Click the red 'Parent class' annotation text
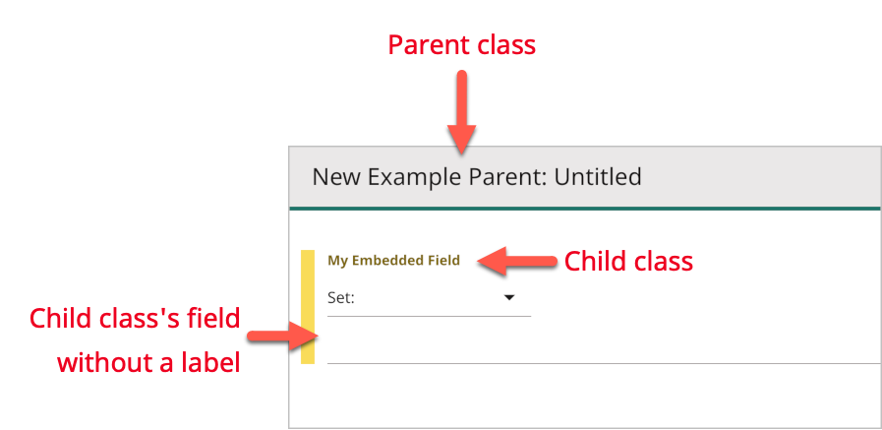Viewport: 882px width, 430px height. [461, 45]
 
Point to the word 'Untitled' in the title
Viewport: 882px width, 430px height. [598, 177]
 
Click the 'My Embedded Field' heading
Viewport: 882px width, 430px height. [393, 261]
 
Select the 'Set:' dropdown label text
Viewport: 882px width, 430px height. [341, 296]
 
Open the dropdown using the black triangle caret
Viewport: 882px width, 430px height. [509, 296]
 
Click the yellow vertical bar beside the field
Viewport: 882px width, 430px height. [308, 307]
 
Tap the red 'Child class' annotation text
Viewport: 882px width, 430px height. [628, 261]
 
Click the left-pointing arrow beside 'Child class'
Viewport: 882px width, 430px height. [517, 261]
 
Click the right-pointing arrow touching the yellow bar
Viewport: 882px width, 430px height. [279, 338]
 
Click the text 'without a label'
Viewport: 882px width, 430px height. [148, 362]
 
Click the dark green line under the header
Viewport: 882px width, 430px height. [584, 209]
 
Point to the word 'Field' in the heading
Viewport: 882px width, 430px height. [441, 261]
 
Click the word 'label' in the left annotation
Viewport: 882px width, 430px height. [213, 362]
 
